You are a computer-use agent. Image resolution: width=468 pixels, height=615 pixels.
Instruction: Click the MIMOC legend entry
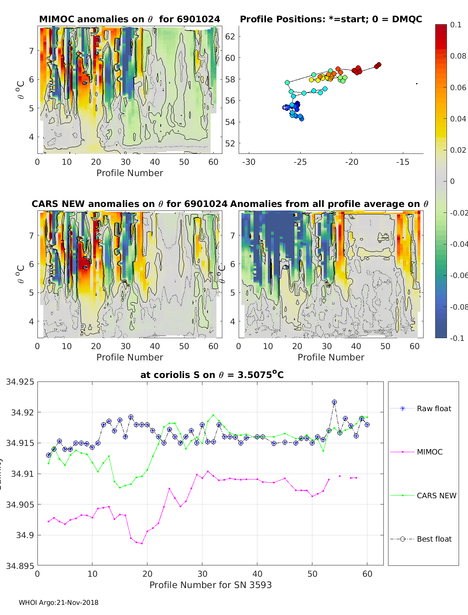(429, 452)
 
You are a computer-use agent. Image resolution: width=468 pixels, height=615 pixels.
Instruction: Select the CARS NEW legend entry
(436, 496)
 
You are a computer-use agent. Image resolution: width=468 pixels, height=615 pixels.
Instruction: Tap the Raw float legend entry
(434, 408)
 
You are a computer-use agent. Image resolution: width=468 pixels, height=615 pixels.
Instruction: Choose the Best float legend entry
(434, 539)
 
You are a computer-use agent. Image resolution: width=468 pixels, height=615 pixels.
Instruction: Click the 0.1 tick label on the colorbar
(456, 25)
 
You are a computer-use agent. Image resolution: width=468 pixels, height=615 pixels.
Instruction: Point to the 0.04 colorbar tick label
(458, 119)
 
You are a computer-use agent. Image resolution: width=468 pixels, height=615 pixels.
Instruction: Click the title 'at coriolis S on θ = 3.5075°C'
(212, 375)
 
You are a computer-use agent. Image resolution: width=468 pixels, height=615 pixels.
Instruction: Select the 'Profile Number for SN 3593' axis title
(210, 585)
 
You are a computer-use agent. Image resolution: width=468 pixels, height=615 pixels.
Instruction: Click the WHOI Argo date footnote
(58, 603)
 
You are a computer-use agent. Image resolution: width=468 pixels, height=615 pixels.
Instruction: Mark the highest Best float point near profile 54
(334, 402)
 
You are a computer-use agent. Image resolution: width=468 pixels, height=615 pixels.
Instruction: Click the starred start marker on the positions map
(285, 107)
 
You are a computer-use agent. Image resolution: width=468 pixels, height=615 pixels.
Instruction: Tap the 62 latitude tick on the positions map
(230, 37)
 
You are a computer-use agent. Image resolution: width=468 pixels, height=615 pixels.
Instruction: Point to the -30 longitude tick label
(248, 162)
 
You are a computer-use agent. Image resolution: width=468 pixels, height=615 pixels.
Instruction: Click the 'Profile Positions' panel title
(331, 19)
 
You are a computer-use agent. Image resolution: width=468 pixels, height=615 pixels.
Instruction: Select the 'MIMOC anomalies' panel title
(129, 19)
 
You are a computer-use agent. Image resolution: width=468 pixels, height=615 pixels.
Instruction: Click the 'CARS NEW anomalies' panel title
(129, 204)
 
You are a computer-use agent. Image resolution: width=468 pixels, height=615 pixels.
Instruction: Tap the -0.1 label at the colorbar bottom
(457, 338)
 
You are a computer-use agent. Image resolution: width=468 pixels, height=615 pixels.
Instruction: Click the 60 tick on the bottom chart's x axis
(367, 574)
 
